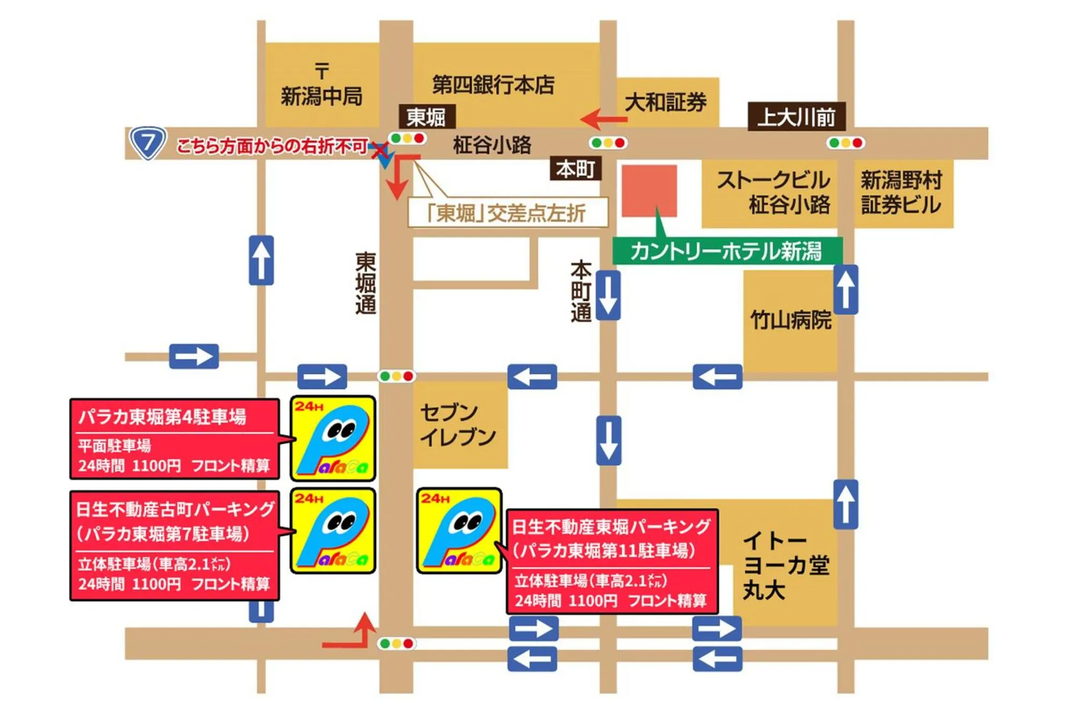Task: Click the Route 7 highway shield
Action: [148, 143]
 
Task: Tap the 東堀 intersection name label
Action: [427, 117]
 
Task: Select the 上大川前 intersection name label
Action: [796, 117]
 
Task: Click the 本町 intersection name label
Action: [575, 169]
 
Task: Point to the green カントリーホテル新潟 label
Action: [727, 251]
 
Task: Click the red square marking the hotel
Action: [649, 191]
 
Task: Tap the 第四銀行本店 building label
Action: [493, 85]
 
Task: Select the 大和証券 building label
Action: [666, 102]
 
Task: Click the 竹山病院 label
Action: [790, 320]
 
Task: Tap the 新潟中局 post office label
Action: [322, 95]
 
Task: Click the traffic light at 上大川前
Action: [845, 143]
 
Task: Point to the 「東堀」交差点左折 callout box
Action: [508, 213]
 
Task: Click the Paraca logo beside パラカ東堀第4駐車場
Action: [333, 438]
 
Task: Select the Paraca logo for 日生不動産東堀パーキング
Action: [459, 530]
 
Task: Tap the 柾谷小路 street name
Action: [492, 145]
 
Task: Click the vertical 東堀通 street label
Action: [365, 283]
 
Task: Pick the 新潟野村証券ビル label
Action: [901, 193]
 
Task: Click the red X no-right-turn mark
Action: [380, 151]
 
